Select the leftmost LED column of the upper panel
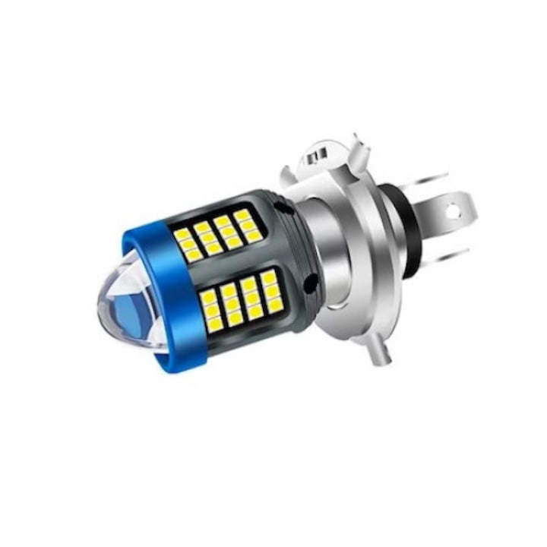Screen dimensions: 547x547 click(187, 244)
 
